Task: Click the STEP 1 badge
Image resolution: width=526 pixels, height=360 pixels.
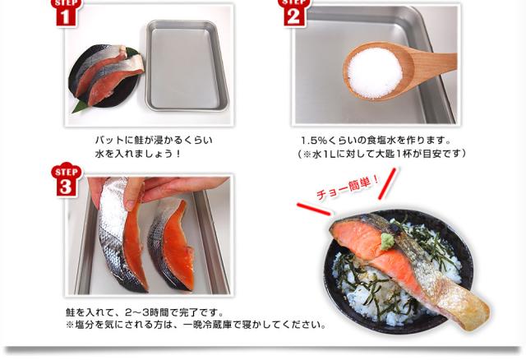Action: coord(65,13)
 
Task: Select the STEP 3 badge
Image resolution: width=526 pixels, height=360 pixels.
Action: coord(66,180)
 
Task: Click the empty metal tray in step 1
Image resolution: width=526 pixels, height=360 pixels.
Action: coord(187,66)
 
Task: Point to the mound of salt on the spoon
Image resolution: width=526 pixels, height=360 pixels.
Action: coord(375,73)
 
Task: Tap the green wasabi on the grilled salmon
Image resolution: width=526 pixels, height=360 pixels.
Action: coord(387,241)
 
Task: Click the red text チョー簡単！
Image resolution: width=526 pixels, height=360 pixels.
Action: coord(348,187)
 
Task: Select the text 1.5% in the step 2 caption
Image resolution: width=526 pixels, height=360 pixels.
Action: coord(313,140)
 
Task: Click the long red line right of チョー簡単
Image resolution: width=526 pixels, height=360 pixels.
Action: coord(388,183)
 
